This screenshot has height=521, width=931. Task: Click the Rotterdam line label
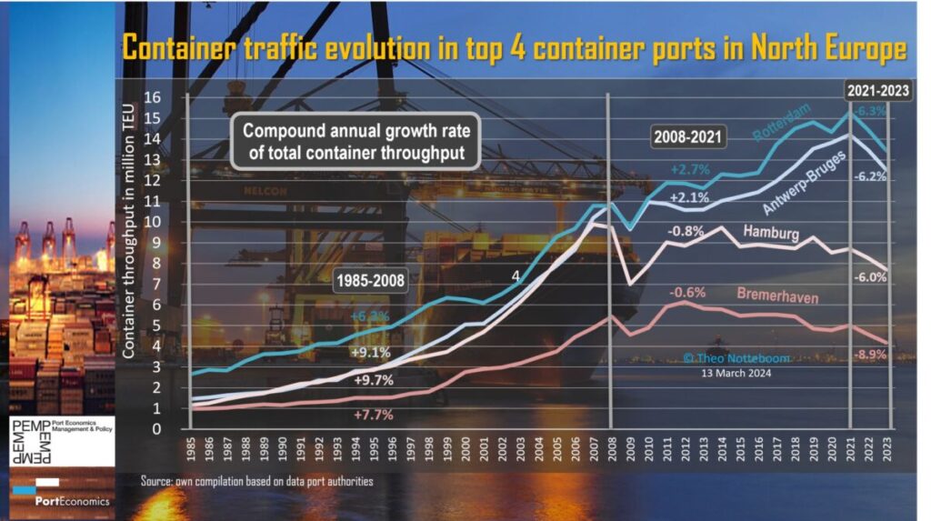[x=782, y=122]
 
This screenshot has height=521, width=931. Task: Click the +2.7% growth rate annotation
[x=689, y=169]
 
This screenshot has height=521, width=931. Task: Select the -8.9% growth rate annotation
[x=870, y=355]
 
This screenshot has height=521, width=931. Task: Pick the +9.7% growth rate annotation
[x=374, y=379]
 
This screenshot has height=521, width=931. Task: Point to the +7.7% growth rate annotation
[x=374, y=415]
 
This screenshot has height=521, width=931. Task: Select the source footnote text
[x=257, y=480]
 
